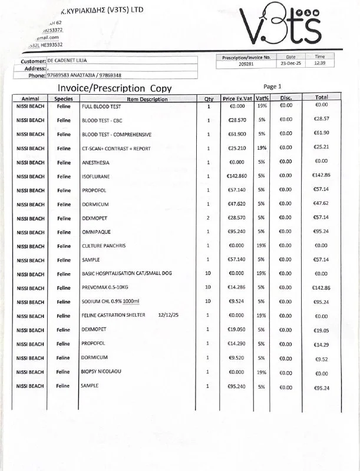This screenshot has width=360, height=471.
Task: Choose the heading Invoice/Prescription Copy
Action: click(114, 88)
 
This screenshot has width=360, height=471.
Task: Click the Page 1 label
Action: click(273, 86)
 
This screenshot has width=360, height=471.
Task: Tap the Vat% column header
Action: click(262, 98)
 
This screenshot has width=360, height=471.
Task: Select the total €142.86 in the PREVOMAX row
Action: click(322, 288)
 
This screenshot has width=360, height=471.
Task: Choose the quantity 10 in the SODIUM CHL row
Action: click(208, 301)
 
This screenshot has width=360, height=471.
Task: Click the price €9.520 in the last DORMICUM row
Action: click(237, 357)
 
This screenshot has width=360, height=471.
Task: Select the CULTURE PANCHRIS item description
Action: click(103, 246)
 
